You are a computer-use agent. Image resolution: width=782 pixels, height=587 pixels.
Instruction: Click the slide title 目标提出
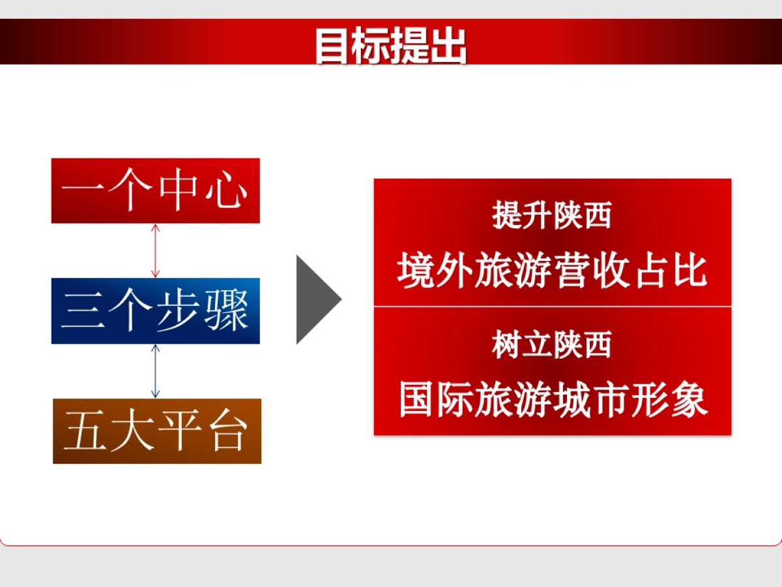391,45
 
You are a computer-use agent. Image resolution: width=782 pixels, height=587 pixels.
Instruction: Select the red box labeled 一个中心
155,190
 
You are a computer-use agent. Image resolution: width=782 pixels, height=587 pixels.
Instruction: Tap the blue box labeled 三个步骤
155,311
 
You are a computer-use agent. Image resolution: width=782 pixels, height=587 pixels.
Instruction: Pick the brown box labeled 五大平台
156,431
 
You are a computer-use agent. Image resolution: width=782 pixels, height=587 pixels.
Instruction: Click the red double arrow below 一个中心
154,250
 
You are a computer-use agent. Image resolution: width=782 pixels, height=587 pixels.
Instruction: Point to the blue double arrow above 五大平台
154,370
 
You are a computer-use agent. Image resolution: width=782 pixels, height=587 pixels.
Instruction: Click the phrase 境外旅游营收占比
552,270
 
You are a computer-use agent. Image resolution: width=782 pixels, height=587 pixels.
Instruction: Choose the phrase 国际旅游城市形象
553,399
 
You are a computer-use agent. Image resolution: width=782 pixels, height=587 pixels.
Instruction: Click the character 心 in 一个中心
229,191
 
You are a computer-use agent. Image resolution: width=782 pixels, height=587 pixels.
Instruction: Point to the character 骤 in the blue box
229,312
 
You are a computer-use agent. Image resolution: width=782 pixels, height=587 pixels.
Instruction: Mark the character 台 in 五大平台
230,432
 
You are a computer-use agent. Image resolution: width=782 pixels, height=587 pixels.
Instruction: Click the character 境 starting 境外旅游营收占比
416,270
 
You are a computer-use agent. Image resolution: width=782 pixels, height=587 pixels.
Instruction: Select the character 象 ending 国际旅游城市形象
689,399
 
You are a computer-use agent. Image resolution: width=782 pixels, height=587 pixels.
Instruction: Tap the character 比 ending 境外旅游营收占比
689,270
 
